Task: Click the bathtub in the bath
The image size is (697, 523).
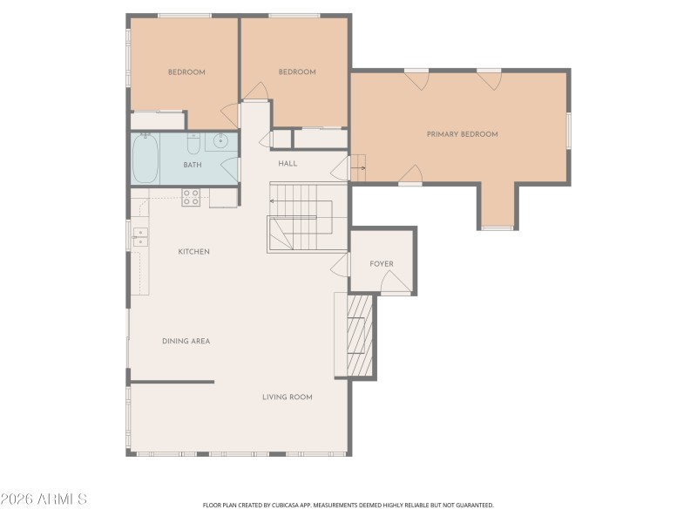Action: pos(145,159)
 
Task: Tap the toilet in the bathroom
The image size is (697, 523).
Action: pos(193,144)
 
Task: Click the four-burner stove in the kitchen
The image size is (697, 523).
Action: pos(191,198)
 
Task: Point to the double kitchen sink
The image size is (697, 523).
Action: pos(139,236)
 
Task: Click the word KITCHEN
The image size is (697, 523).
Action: pos(193,252)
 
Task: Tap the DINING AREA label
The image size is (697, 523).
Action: pos(186,341)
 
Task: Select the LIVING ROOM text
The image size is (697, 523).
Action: pos(287,397)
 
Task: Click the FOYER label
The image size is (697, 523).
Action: pos(382,264)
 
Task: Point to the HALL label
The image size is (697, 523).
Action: pos(288,163)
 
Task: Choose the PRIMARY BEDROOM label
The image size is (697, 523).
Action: pos(462,134)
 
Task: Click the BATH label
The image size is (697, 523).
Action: pos(193,165)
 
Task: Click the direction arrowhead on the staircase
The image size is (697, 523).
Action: pos(272,201)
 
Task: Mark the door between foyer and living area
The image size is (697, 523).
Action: pos(341,265)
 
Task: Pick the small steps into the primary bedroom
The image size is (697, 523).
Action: pos(358,167)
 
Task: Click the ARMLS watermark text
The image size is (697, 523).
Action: pos(44,499)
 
